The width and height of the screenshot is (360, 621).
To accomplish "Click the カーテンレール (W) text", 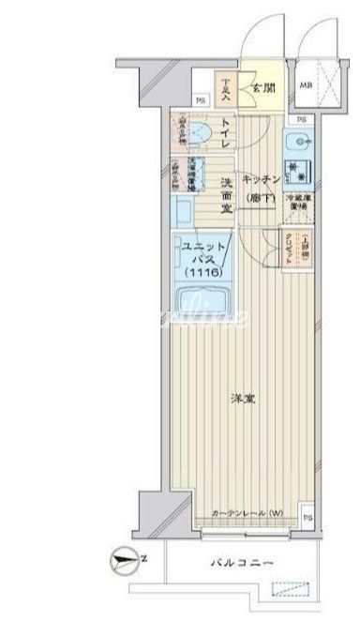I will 247,512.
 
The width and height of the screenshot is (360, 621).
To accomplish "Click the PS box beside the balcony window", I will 307,513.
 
